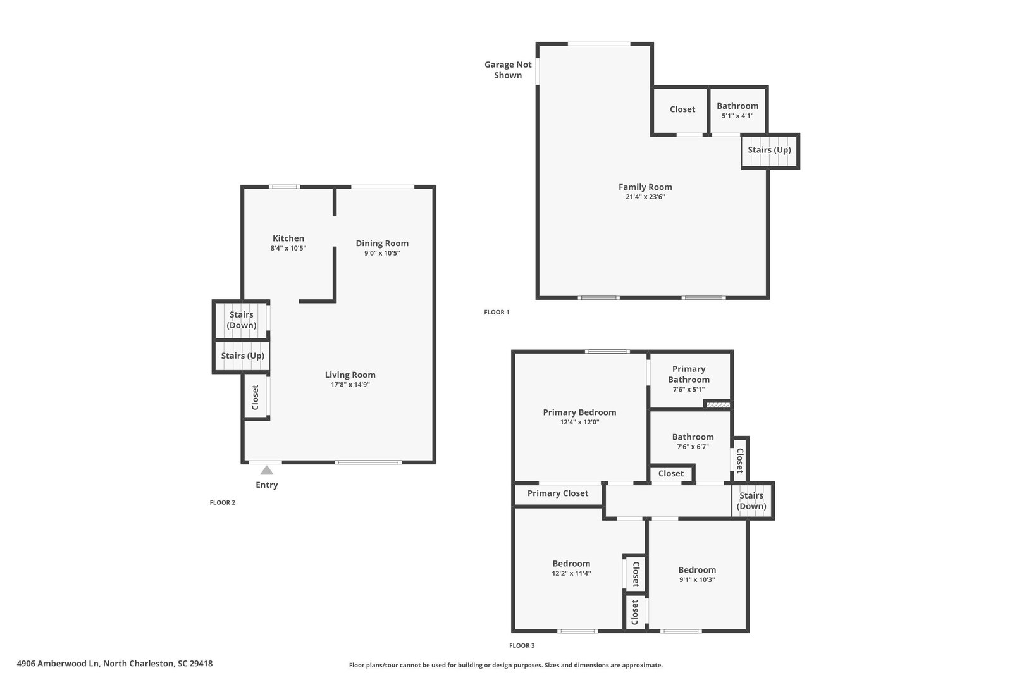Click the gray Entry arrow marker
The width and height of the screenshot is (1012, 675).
pyautogui.click(x=266, y=470)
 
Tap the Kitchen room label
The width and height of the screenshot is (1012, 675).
pyautogui.click(x=288, y=238)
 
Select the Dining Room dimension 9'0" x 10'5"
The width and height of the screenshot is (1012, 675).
pyautogui.click(x=382, y=253)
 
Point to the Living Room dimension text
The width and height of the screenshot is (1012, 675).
pyautogui.click(x=350, y=385)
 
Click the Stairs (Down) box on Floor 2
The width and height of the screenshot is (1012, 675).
pyautogui.click(x=242, y=320)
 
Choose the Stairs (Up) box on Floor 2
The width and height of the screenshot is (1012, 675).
pyautogui.click(x=242, y=356)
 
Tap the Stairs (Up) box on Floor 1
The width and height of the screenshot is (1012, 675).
pyautogui.click(x=770, y=151)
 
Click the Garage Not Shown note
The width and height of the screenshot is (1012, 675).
pyautogui.click(x=508, y=70)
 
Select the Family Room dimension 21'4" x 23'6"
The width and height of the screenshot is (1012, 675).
pyautogui.click(x=645, y=197)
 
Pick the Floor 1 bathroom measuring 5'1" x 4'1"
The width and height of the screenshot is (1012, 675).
pyautogui.click(x=737, y=110)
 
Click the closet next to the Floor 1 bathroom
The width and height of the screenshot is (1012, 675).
pyautogui.click(x=681, y=110)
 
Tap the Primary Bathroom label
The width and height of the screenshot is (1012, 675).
pyautogui.click(x=689, y=374)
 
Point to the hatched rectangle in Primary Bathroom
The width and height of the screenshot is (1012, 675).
pyautogui.click(x=718, y=405)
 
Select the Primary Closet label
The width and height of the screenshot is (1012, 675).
pyautogui.click(x=557, y=493)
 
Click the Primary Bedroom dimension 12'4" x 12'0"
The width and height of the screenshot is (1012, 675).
pyautogui.click(x=579, y=422)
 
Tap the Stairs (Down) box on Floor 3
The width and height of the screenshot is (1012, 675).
pyautogui.click(x=752, y=500)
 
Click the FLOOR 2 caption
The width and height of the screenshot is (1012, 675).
pyautogui.click(x=222, y=502)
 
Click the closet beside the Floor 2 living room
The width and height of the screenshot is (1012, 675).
pyautogui.click(x=256, y=397)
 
